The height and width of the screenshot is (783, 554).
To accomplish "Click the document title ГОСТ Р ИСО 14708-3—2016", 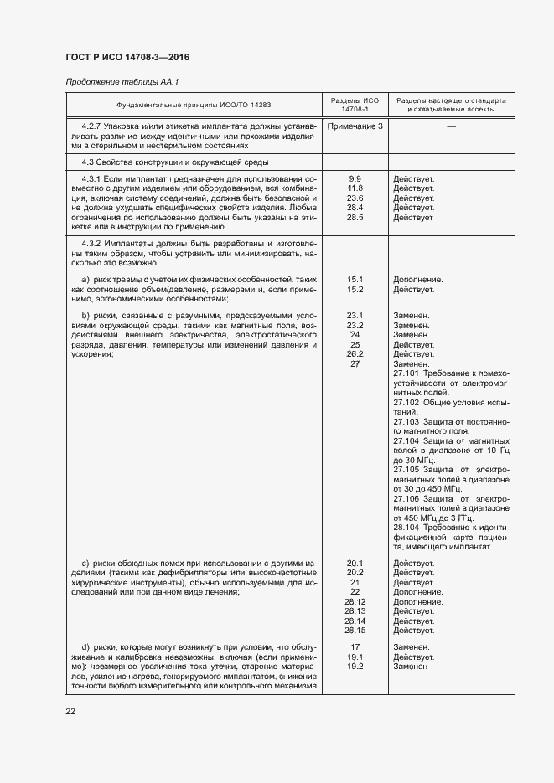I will pyautogui.click(x=127, y=57).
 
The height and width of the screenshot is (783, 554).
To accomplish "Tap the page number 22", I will pyautogui.click(x=70, y=712).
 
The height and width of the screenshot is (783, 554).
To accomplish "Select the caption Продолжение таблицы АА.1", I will pyautogui.click(x=122, y=81).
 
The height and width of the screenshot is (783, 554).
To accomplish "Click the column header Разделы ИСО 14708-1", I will pyautogui.click(x=355, y=105).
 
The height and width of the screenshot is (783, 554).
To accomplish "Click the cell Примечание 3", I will pyautogui.click(x=355, y=126).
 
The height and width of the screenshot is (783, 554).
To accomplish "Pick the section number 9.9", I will pyautogui.click(x=355, y=179).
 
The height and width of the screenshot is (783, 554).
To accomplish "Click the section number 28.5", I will pyautogui.click(x=355, y=217).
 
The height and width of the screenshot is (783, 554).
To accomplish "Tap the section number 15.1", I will pyautogui.click(x=355, y=280).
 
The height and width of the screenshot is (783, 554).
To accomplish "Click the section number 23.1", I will pyautogui.click(x=355, y=316).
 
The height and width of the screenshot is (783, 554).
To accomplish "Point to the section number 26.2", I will pyautogui.click(x=355, y=354).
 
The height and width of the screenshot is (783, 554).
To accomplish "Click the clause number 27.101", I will pyautogui.click(x=407, y=373).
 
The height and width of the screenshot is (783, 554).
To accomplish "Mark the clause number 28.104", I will pyautogui.click(x=407, y=528).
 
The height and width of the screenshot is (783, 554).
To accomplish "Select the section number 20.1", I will pyautogui.click(x=355, y=563).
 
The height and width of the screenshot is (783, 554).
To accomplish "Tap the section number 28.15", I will pyautogui.click(x=355, y=631).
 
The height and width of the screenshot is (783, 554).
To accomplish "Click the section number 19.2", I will pyautogui.click(x=355, y=667).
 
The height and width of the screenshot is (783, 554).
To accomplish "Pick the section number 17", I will pyautogui.click(x=355, y=647).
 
